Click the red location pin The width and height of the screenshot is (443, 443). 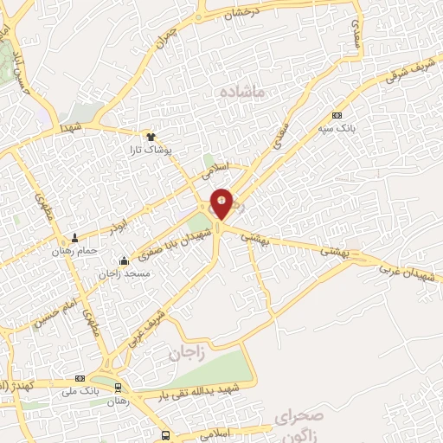click(x=222, y=203)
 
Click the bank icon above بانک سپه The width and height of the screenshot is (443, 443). click(x=337, y=115)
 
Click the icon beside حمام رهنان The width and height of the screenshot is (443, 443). click(x=74, y=238)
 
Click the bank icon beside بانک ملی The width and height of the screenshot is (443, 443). click(x=80, y=378)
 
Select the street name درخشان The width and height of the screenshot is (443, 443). click(x=241, y=13)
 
